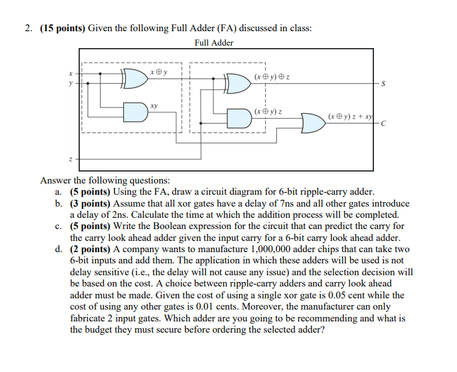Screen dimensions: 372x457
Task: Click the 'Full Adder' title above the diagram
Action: click(214, 43)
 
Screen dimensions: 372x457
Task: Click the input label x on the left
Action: click(71, 73)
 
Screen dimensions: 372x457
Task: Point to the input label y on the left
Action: click(71, 82)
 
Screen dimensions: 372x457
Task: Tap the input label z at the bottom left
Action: click(71, 160)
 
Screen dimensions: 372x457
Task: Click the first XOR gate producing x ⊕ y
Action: click(134, 78)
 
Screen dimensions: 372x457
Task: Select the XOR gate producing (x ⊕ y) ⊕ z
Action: click(237, 83)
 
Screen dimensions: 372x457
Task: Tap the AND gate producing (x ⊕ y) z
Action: click(238, 118)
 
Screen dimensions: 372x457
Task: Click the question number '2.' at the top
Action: click(29, 28)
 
